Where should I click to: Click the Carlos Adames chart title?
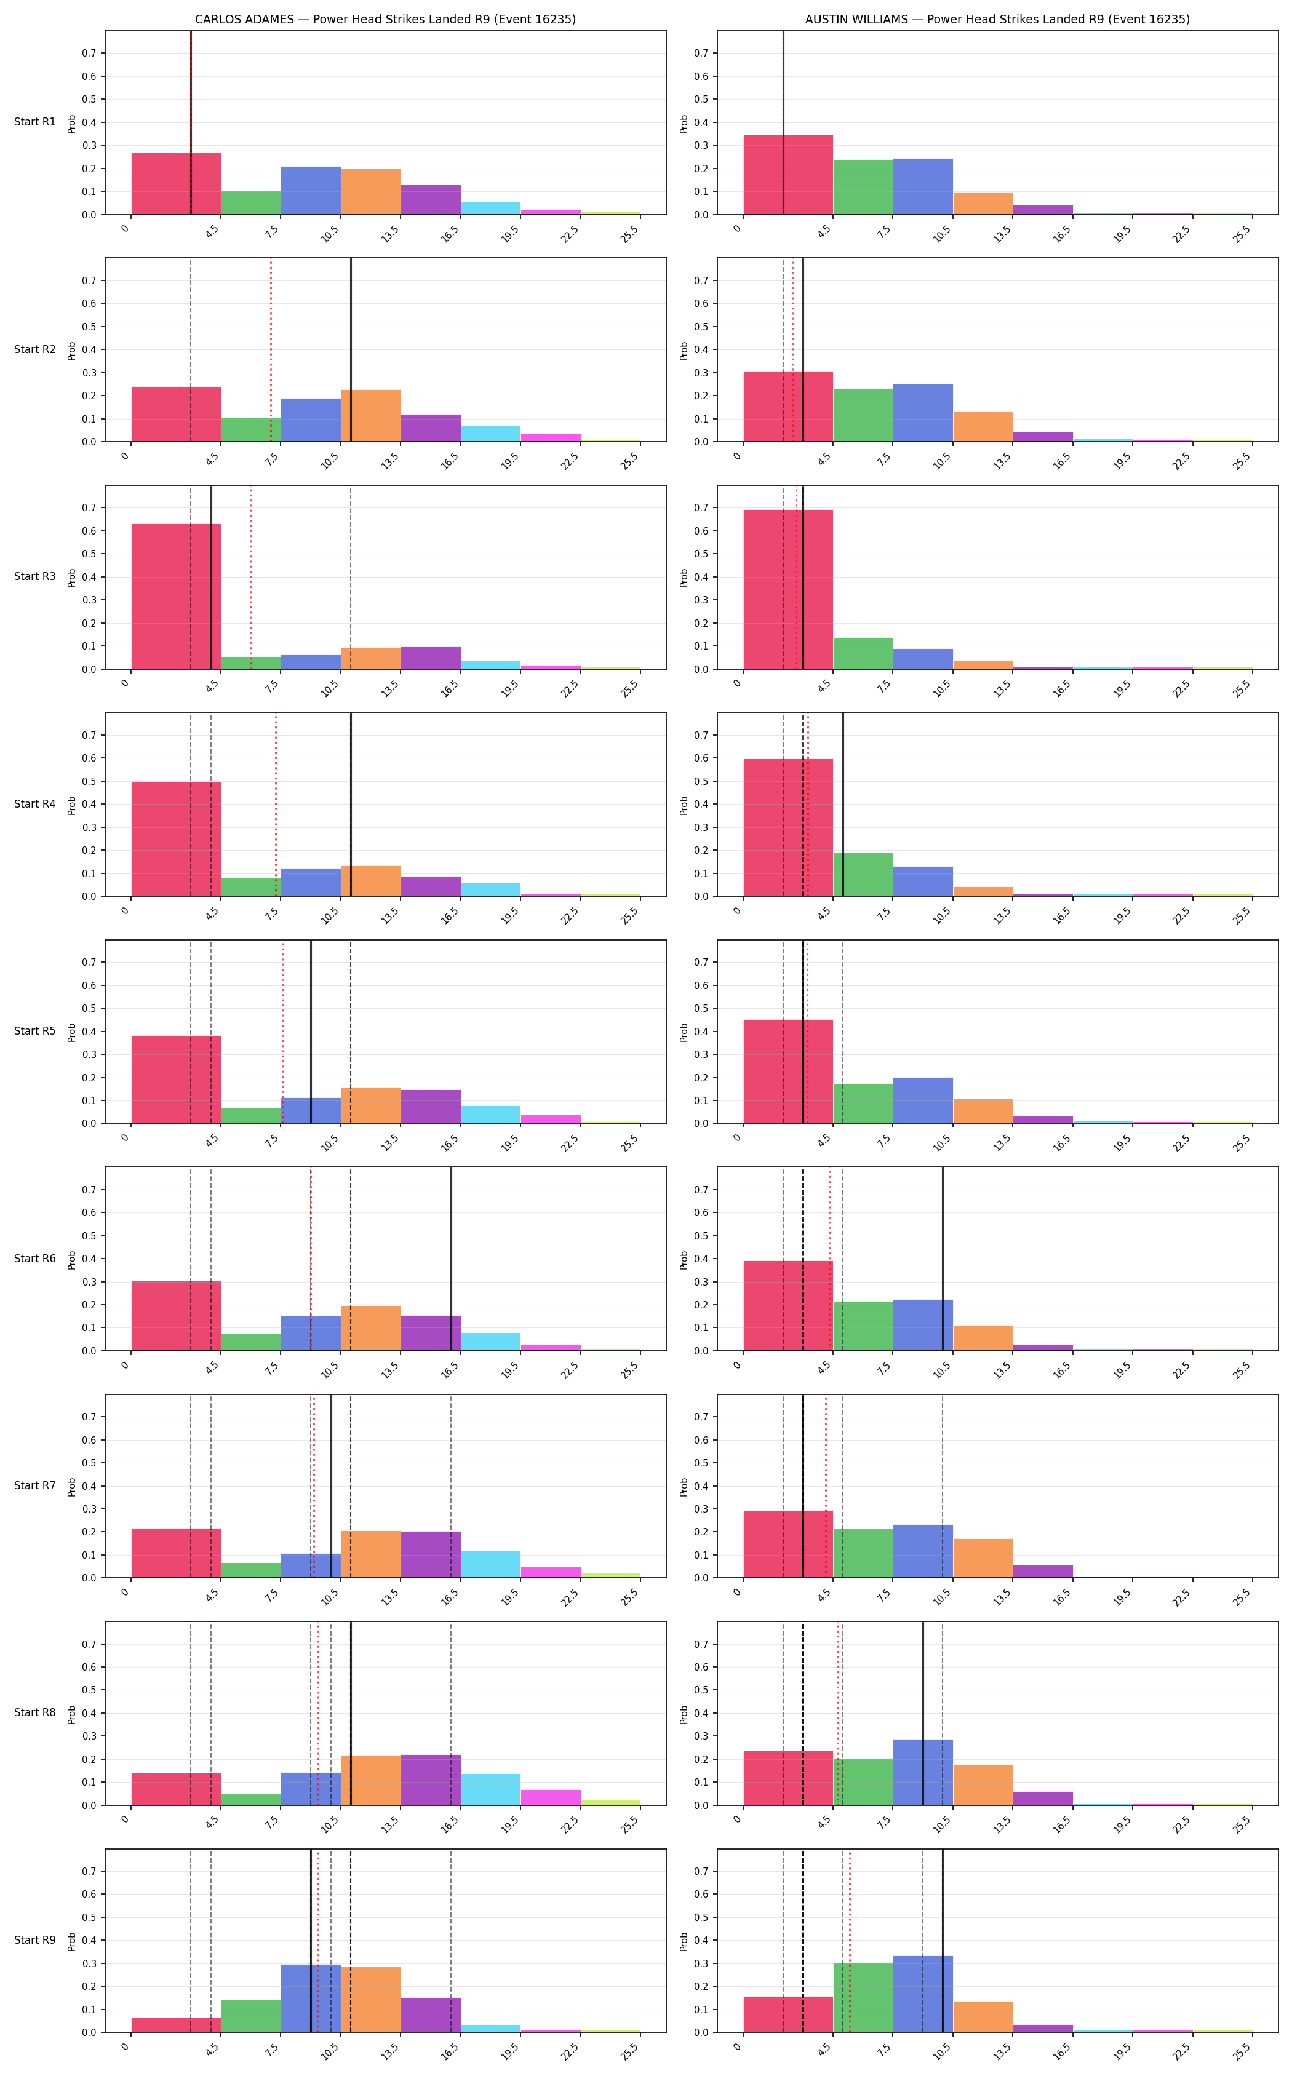[x=385, y=19]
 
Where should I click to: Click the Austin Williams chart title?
[x=997, y=19]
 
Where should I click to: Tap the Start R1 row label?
[x=35, y=122]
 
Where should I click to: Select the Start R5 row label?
[x=35, y=1031]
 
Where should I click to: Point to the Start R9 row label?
[x=35, y=1940]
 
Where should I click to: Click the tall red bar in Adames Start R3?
[x=176, y=596]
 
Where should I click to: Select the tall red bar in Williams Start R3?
[x=788, y=589]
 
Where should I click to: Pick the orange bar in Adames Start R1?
[x=371, y=191]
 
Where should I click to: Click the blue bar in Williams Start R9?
[x=923, y=1994]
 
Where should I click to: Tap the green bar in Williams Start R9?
[x=863, y=1997]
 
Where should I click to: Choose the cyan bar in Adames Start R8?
[x=490, y=1790]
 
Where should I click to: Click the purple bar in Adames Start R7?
[x=431, y=1555]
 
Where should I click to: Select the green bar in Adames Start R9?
[x=251, y=2016]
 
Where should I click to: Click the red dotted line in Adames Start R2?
[x=271, y=350]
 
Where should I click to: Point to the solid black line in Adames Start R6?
[x=451, y=1259]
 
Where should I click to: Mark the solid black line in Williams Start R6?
[x=943, y=1259]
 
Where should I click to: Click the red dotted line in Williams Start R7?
[x=826, y=1487]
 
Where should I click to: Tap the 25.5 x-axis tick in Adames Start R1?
[x=631, y=233]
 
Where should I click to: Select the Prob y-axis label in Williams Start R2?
[x=684, y=350]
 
